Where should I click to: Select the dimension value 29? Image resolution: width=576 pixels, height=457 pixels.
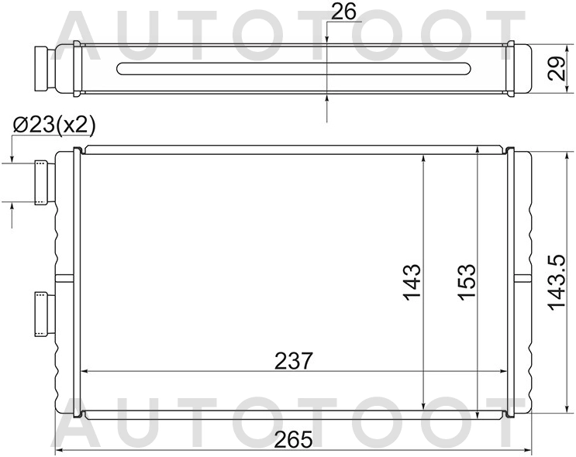[x=555, y=70]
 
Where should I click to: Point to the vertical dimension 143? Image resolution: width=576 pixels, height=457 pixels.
[x=412, y=283]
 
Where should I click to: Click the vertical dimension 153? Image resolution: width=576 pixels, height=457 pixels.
[x=466, y=283]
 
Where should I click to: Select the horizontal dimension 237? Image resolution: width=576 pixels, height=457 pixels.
[x=293, y=360]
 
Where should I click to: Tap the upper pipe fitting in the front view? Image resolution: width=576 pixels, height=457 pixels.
[x=42, y=183]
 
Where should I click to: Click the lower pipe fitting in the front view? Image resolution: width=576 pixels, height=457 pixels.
[x=42, y=313]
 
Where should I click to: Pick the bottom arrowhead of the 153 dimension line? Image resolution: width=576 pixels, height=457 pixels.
[x=478, y=414]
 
